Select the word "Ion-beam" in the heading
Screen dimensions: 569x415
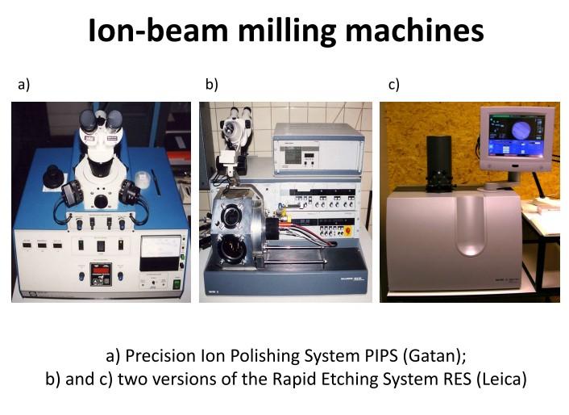coord(158,31)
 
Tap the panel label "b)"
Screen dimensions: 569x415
coord(211,84)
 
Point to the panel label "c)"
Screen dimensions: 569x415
coord(394,84)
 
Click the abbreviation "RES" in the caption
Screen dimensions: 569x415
coord(457,379)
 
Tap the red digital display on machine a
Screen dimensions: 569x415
coord(101,270)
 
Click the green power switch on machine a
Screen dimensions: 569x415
coord(177,283)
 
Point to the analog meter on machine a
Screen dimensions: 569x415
coord(160,253)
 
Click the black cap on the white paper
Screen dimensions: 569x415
coord(52,177)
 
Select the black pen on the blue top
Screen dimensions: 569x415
coord(156,182)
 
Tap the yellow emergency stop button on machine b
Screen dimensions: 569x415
coord(347,231)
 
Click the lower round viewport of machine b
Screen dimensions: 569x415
coord(231,249)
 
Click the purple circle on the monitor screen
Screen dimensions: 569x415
coord(522,131)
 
